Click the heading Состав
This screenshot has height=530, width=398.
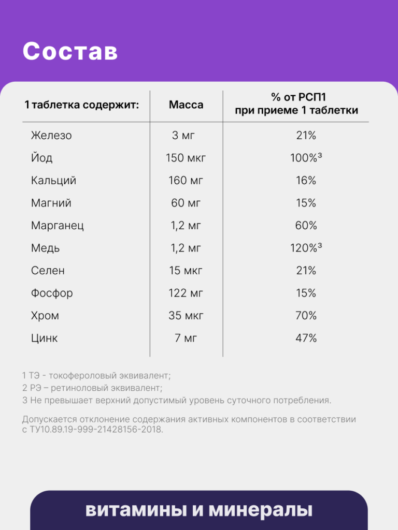coord(70,51)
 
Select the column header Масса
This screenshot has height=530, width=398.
coord(186,105)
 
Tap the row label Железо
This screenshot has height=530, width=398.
coord(51,135)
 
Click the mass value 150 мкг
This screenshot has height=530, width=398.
coord(186,158)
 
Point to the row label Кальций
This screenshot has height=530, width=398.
coord(53,181)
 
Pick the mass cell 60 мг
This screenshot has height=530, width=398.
coord(186,203)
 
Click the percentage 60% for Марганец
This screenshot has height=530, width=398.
coord(306,226)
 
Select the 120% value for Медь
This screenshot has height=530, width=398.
coord(306,248)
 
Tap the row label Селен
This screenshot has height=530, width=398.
coord(48,270)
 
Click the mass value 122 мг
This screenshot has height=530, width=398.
coord(186,293)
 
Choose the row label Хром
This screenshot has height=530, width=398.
coord(45,316)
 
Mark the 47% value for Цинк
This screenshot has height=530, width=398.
coord(306,338)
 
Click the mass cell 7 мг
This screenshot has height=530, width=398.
coord(186,338)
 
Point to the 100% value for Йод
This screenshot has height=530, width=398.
coord(306,158)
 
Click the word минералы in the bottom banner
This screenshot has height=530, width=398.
coord(261,510)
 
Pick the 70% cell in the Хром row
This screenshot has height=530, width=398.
coord(306,316)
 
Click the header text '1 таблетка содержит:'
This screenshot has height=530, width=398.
coord(81,105)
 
